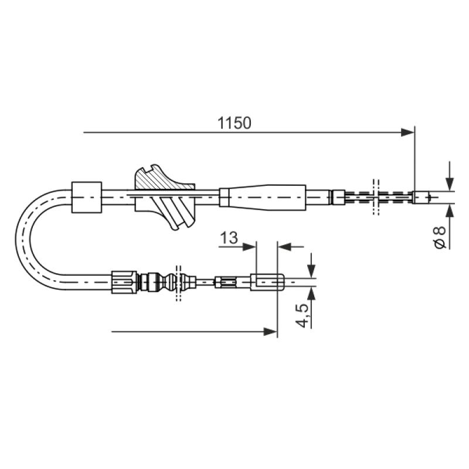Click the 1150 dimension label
pos(234,123)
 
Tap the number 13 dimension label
pos(229,238)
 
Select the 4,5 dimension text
pos(302,315)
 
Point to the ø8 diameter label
pos(439,237)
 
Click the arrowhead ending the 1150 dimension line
pos(407,132)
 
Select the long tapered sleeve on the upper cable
pos(263,196)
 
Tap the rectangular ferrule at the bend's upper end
pos(86,197)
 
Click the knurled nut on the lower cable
pos(124,282)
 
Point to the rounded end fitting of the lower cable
pos(267,282)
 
